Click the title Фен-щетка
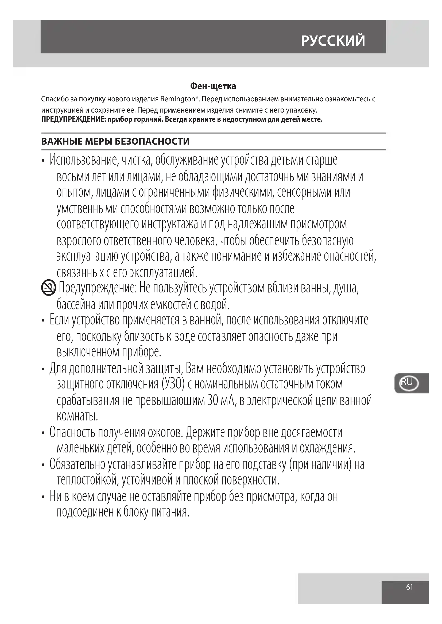[213, 86]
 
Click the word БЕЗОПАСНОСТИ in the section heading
[152, 142]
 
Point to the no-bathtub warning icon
[48, 288]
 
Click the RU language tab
[407, 383]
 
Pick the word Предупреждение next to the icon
[98, 288]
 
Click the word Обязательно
[77, 464]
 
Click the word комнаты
[77, 416]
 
